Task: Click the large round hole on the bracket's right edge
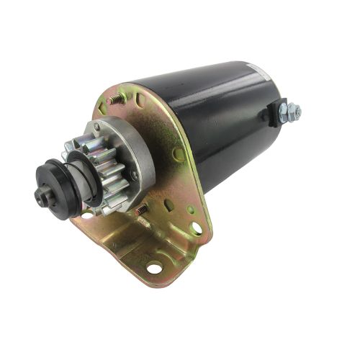click(x=196, y=229)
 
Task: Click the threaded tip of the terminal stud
click(x=297, y=110)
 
